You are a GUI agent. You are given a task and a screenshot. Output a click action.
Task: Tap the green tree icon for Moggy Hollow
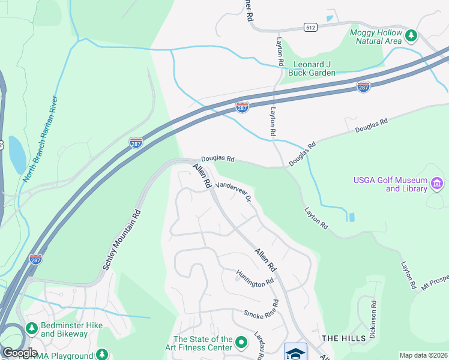411,36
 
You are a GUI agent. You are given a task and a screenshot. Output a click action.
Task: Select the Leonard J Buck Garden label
312,68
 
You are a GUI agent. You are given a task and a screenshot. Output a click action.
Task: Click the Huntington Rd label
255,278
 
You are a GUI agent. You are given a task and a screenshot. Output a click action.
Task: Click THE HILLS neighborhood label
343,338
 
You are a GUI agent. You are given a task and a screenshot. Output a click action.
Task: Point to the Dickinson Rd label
373,320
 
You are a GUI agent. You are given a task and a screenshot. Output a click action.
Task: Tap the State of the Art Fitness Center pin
242,343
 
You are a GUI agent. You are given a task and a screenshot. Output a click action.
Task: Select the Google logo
19,353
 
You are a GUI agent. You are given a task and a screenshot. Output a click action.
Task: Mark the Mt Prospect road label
435,283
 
